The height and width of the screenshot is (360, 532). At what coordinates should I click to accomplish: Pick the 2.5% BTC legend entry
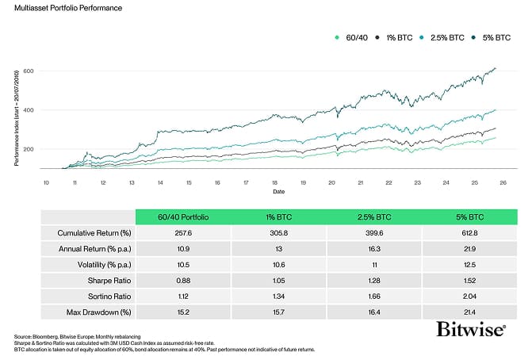click(x=446, y=36)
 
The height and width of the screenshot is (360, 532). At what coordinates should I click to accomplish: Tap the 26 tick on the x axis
click(x=503, y=182)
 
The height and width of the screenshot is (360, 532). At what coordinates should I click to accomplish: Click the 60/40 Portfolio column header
click(x=182, y=216)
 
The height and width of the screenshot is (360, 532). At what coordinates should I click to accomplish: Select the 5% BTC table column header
click(x=470, y=216)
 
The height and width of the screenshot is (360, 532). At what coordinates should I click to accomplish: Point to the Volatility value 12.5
click(x=470, y=262)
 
